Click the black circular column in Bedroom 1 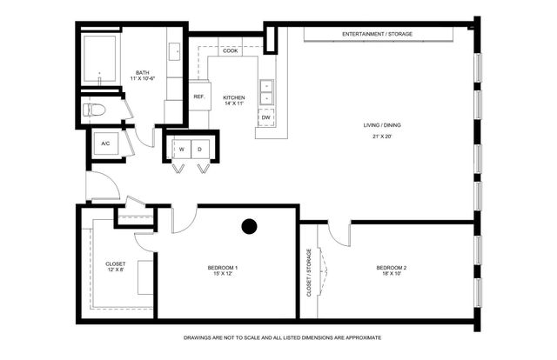click(x=249, y=227)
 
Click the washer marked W click(x=182, y=149)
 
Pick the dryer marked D click(x=200, y=149)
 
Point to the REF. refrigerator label click(x=198, y=97)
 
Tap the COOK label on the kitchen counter click(x=230, y=51)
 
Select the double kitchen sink click(x=267, y=91)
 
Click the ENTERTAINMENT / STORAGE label click(x=377, y=34)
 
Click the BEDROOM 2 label click(x=393, y=266)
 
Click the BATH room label click(x=142, y=72)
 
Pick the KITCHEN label click(x=233, y=97)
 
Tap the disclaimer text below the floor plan click(x=282, y=337)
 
